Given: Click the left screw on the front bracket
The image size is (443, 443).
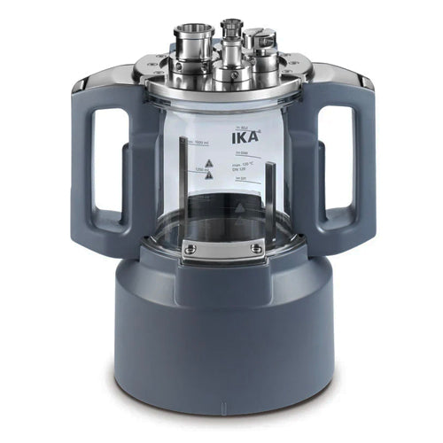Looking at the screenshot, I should point(190,249).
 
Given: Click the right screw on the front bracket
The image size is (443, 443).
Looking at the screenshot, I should point(256,249).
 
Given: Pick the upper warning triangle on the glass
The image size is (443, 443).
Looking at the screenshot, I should point(209,162).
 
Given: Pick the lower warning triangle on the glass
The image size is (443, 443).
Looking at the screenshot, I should point(208,175).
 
